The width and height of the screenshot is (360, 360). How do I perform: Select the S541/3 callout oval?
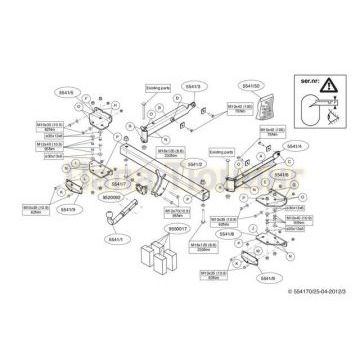pos(194,86)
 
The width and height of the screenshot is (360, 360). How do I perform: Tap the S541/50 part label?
pos(249,86)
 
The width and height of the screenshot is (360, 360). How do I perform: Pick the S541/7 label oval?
pos(119,185)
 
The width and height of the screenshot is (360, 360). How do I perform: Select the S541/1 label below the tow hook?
pos(117,240)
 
